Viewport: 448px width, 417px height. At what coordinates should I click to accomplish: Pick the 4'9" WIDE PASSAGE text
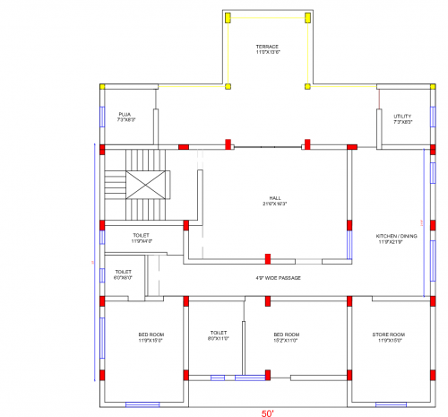click(278, 278)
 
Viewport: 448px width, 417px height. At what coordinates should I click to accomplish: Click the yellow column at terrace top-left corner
click(228, 17)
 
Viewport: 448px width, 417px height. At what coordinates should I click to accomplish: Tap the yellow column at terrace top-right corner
click(307, 17)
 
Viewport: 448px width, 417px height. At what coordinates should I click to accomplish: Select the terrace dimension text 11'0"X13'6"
click(268, 52)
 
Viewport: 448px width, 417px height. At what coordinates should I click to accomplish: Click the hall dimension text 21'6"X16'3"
click(275, 204)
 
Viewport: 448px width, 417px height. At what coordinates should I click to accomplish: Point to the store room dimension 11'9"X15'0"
click(389, 341)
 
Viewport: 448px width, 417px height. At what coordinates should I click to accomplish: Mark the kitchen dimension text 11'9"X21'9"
click(396, 242)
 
